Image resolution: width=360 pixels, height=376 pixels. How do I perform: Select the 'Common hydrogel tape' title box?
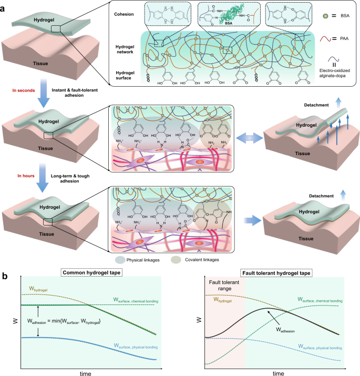86,273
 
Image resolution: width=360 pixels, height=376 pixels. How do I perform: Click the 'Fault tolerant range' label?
225,288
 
